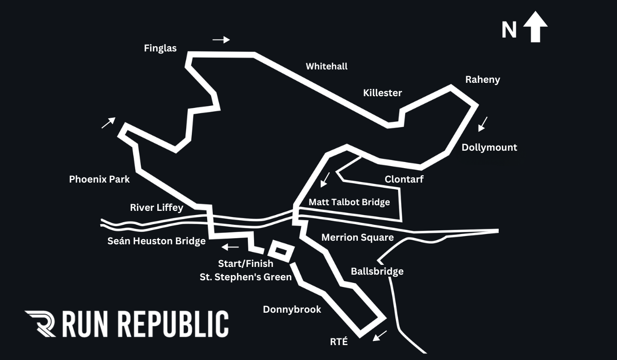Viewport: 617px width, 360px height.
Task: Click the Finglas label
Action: click(x=160, y=48)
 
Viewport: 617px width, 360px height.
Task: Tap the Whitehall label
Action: click(x=326, y=66)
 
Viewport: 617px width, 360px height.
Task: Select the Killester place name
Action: click(x=383, y=93)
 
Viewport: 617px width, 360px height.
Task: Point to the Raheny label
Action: click(x=482, y=80)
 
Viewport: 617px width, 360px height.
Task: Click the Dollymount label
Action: click(x=489, y=148)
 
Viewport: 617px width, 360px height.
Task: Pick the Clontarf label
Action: click(x=404, y=179)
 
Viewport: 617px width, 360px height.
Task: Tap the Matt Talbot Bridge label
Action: click(x=349, y=202)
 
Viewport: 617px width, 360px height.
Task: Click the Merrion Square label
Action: click(x=357, y=238)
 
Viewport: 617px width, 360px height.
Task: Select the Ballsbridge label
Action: click(x=377, y=271)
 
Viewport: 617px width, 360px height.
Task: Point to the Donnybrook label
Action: click(x=292, y=309)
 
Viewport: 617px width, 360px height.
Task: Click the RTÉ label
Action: click(x=339, y=340)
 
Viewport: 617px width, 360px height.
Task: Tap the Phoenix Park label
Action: click(x=99, y=179)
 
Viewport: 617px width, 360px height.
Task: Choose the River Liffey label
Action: click(x=156, y=208)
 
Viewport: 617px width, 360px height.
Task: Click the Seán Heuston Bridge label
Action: click(x=156, y=241)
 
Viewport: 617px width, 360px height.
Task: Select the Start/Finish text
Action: click(x=245, y=264)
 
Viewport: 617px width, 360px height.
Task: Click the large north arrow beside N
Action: click(x=535, y=28)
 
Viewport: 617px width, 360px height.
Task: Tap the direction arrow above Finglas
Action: click(x=221, y=40)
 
